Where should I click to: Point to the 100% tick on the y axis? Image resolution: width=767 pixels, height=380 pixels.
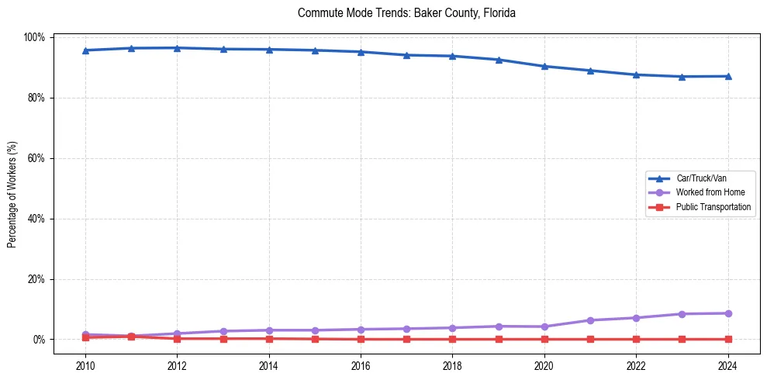[x=36, y=37]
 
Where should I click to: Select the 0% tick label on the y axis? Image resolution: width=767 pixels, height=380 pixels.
[x=40, y=340]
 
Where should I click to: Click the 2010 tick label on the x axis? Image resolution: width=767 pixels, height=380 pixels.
[x=85, y=364]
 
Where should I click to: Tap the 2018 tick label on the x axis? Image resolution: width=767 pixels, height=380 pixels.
[x=453, y=364]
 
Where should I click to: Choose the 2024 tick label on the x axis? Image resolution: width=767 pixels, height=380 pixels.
[x=728, y=364]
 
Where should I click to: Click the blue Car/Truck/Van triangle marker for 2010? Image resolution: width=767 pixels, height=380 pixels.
[x=85, y=50]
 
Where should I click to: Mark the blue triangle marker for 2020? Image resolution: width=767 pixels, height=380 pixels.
[x=544, y=67]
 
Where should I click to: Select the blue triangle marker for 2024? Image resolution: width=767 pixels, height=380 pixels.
[x=728, y=76]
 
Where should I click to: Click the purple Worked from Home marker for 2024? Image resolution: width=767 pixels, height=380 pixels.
[x=728, y=313]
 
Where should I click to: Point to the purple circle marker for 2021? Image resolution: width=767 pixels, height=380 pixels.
[x=590, y=320]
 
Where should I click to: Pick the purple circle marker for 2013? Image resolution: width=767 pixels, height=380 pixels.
[x=223, y=331]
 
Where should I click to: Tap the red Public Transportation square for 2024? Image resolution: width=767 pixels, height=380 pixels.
[x=728, y=339]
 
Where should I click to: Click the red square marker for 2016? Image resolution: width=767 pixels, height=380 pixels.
[x=361, y=339]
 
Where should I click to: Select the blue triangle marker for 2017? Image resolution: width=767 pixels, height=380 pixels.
[x=407, y=55]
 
